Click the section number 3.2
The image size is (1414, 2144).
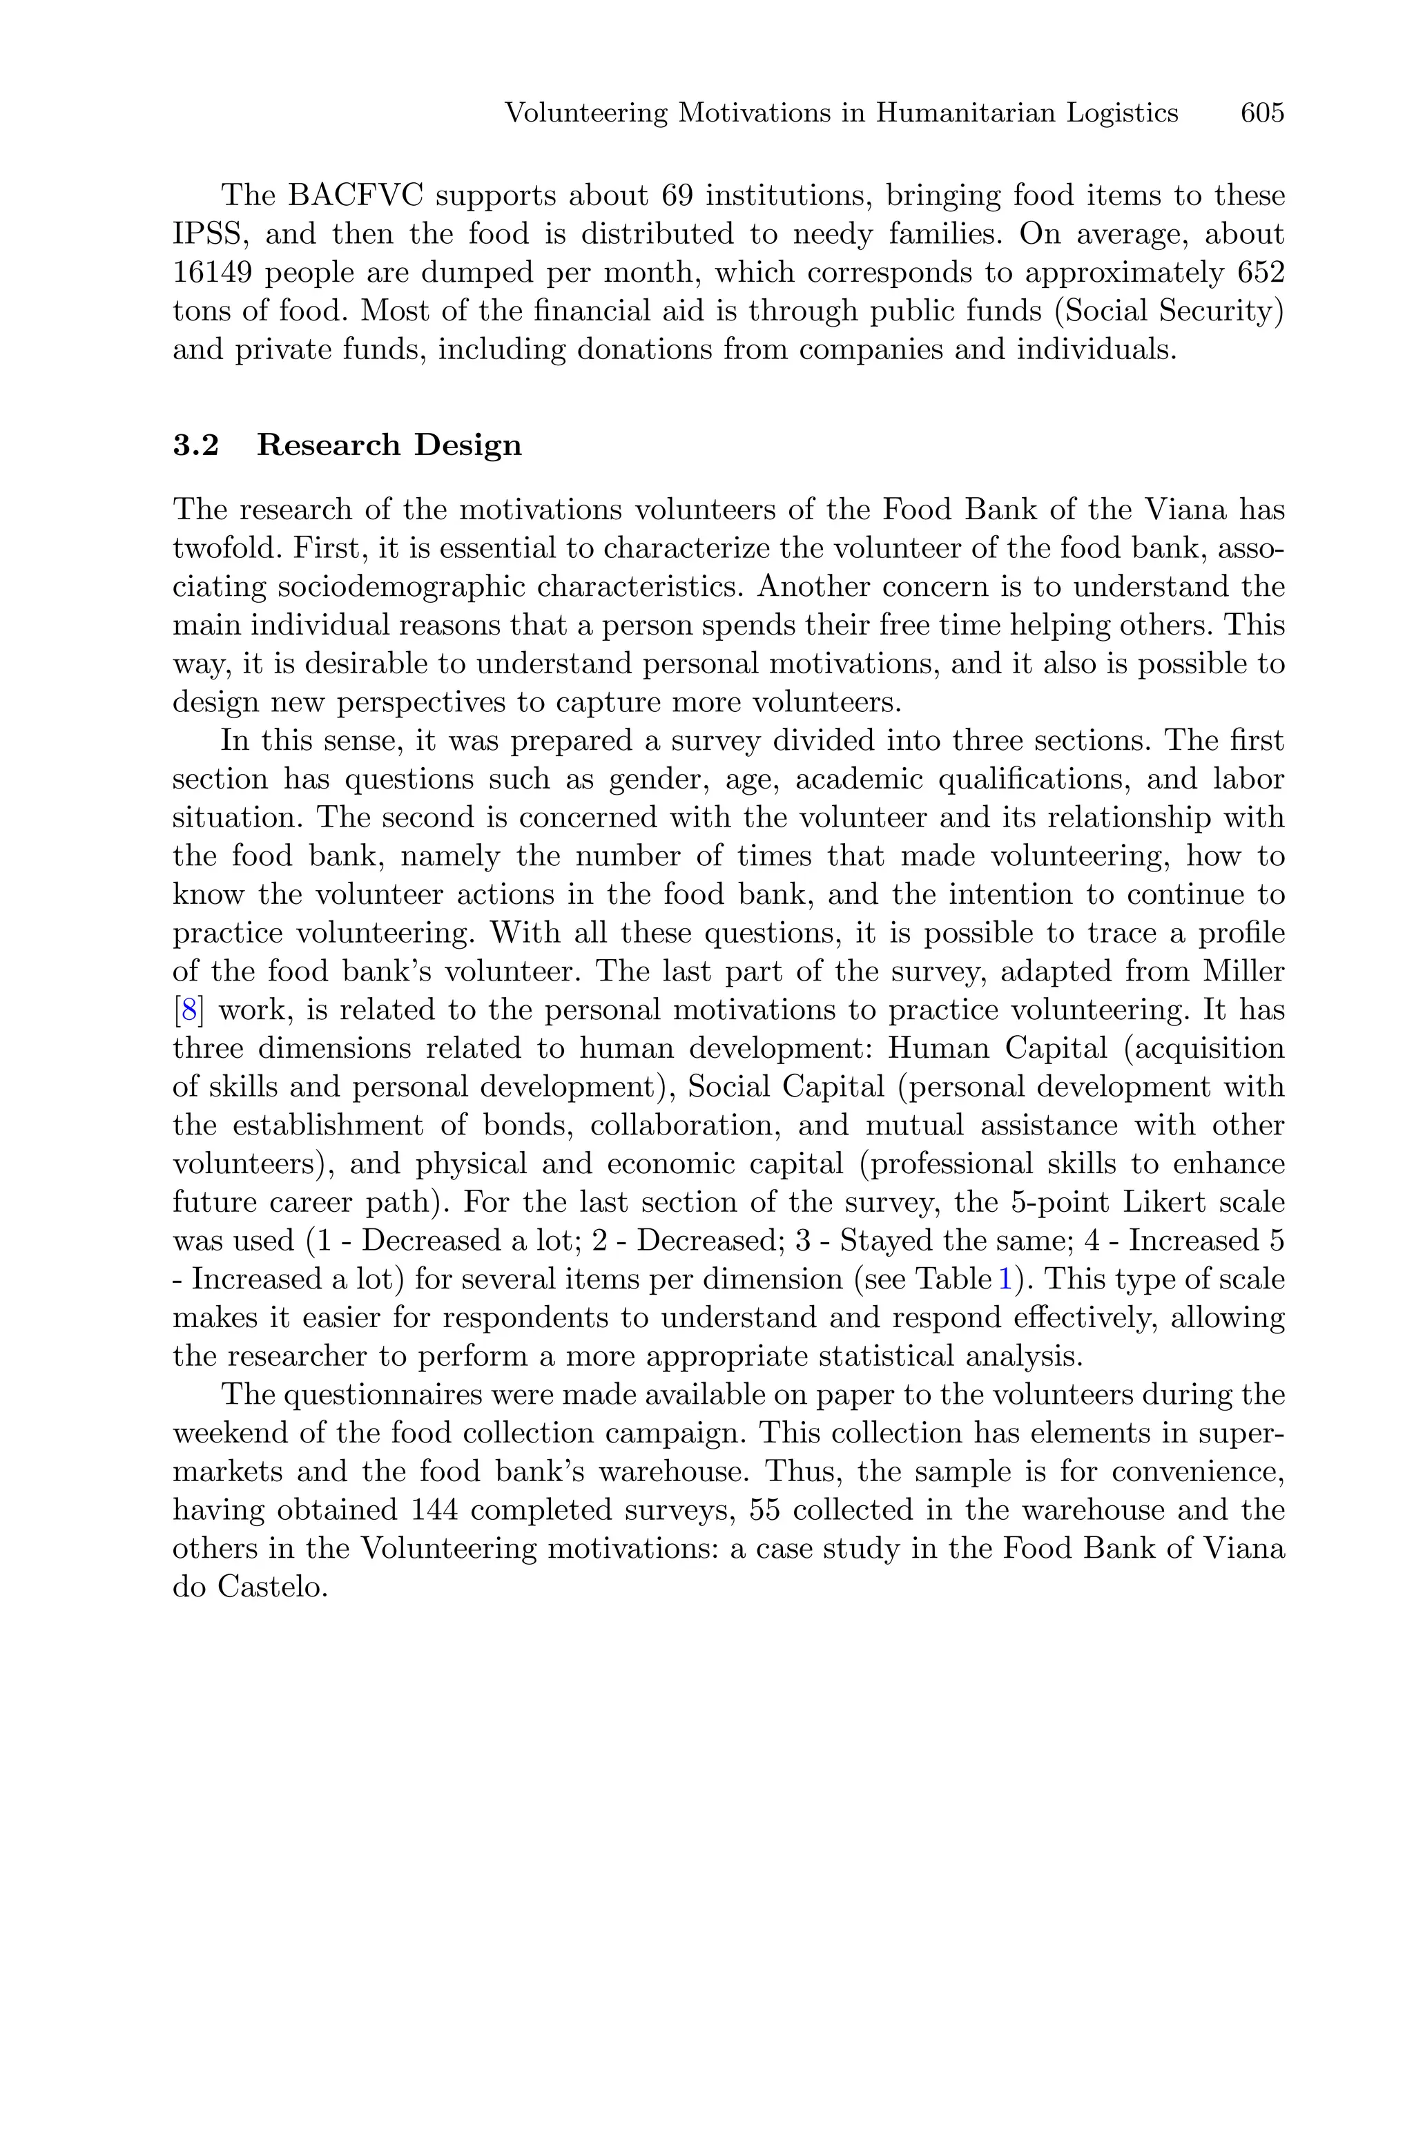195,445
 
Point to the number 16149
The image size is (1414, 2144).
212,272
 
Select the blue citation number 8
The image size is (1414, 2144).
189,1010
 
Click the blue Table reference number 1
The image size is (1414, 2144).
1005,1279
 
